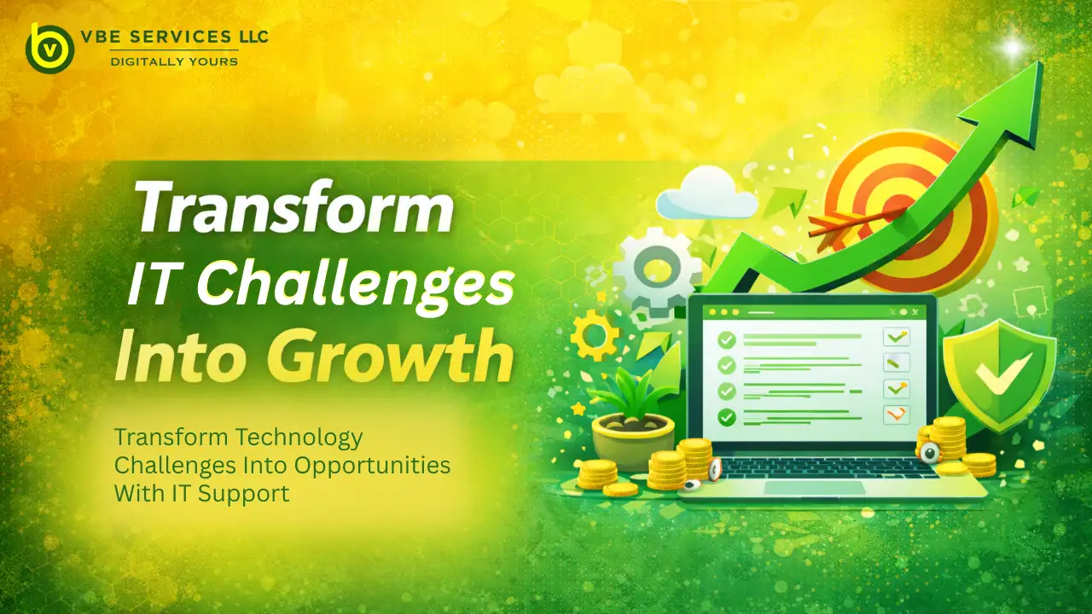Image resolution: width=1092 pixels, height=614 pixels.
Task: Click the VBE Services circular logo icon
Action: [49, 48]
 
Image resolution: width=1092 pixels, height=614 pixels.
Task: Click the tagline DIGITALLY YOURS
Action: [174, 61]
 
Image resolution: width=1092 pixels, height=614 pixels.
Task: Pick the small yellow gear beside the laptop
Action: [594, 335]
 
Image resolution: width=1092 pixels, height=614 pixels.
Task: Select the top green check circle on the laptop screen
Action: [727, 339]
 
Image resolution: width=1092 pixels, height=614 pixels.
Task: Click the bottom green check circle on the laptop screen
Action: [727, 418]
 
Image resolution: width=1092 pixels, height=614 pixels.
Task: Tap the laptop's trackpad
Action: [801, 488]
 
